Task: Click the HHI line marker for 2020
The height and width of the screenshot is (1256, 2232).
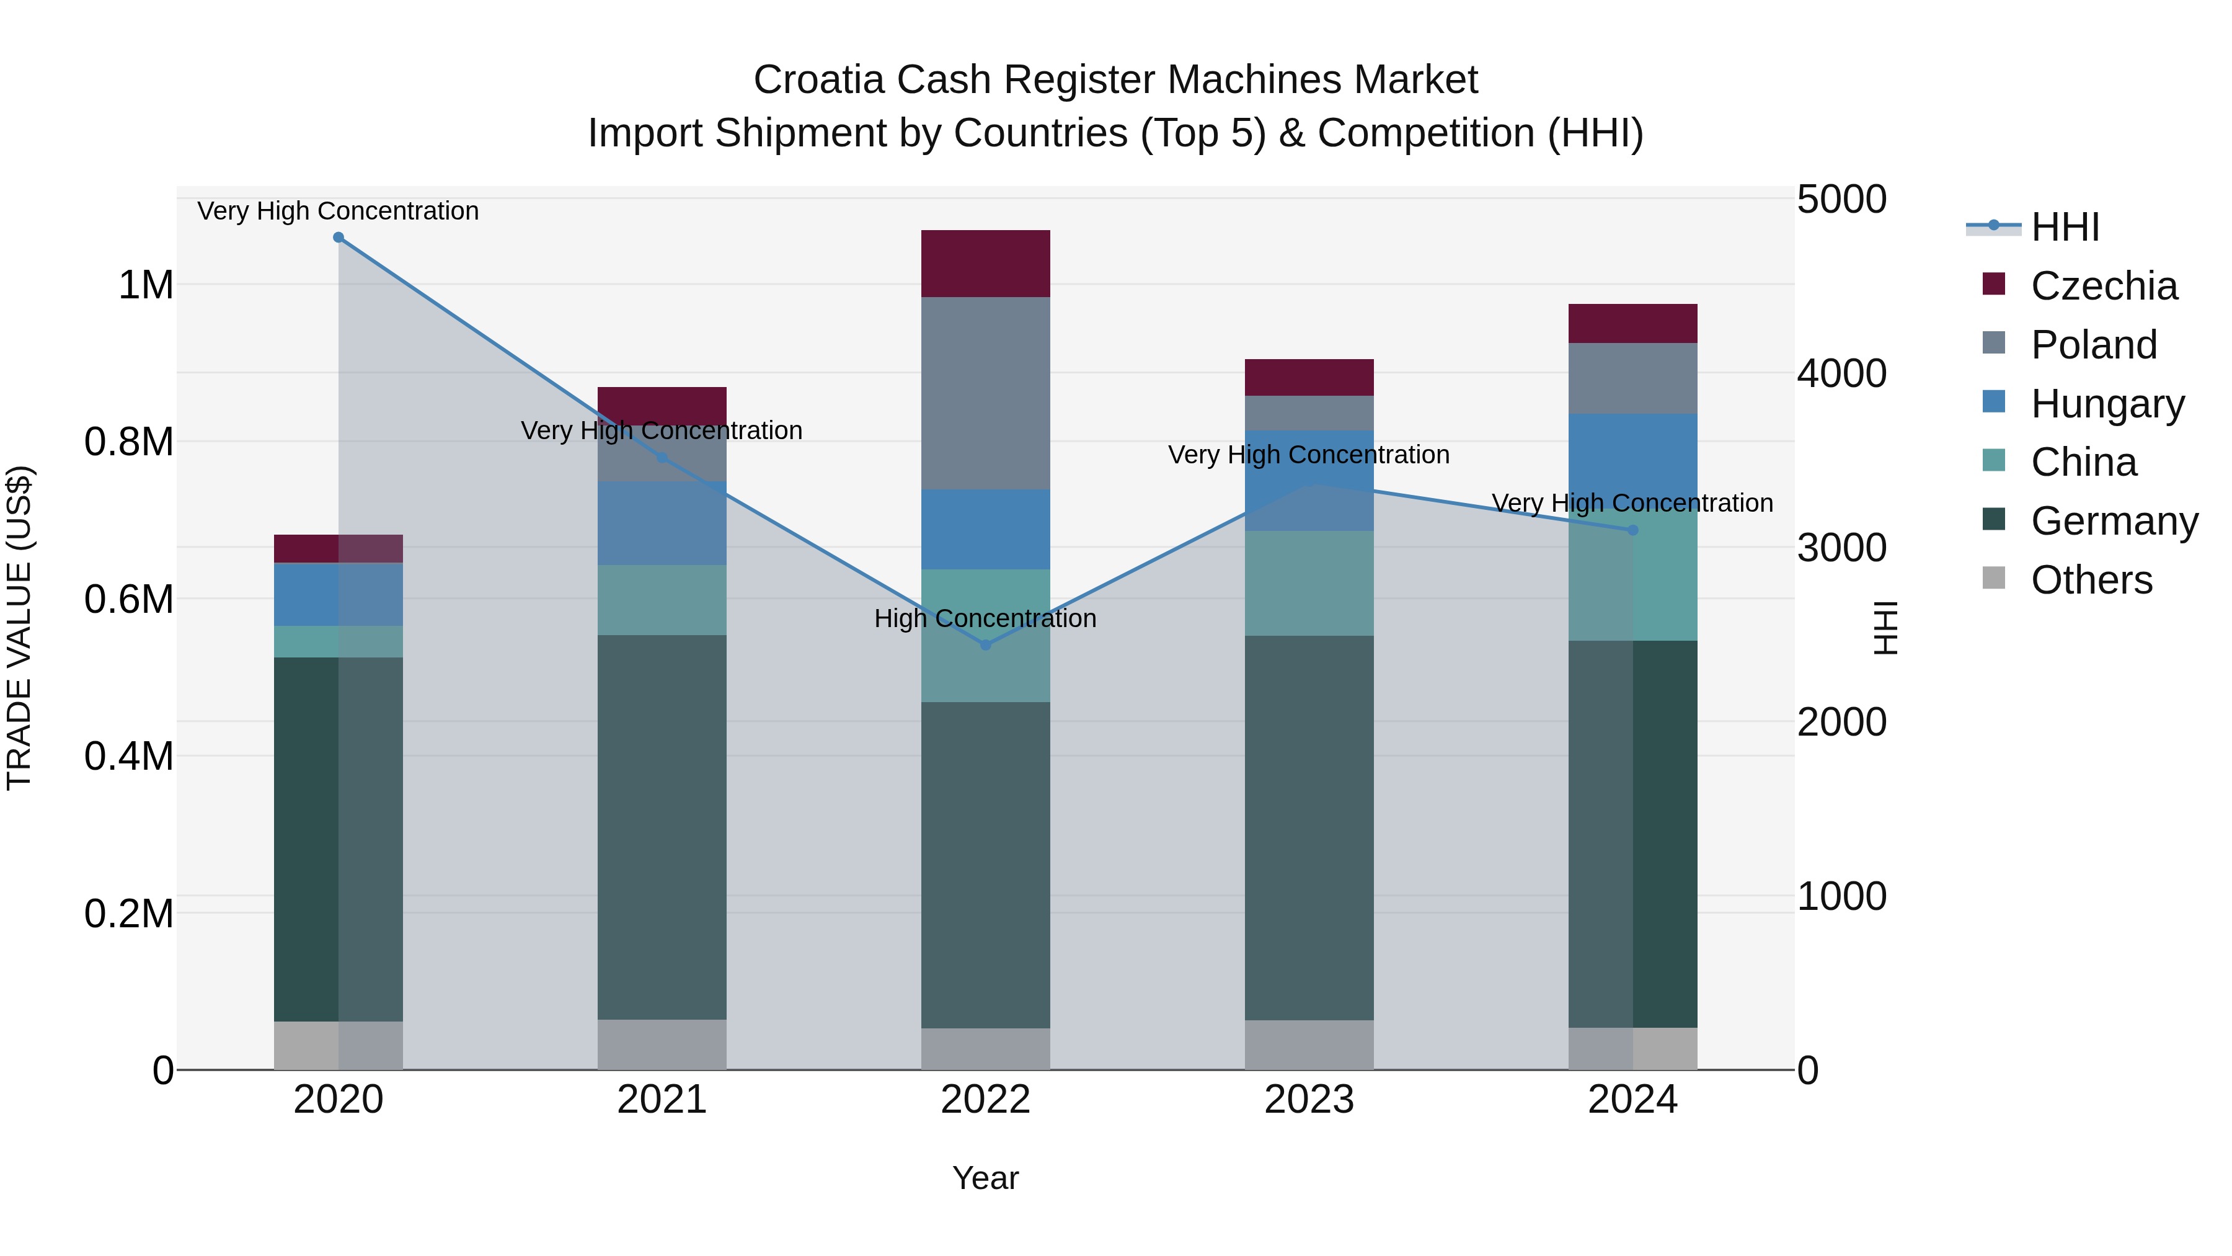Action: tap(339, 238)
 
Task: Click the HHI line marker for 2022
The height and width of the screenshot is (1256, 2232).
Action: tap(985, 645)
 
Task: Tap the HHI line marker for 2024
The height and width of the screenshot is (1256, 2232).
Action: tap(1632, 530)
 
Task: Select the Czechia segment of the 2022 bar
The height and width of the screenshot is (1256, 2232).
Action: tap(985, 264)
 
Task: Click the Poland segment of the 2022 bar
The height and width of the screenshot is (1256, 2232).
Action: tap(985, 393)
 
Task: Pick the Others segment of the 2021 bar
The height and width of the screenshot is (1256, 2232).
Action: tap(662, 1044)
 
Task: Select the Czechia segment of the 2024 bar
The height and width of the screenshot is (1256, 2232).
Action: tap(1632, 323)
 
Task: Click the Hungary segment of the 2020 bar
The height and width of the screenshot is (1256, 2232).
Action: tap(339, 595)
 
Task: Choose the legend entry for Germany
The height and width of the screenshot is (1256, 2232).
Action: tap(2114, 521)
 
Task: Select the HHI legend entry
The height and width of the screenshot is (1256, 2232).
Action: tap(2065, 227)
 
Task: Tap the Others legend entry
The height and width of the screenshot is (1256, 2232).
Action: tap(2091, 580)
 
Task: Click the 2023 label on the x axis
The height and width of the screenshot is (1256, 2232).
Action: tap(1308, 1100)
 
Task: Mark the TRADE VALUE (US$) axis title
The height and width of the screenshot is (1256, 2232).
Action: tap(19, 628)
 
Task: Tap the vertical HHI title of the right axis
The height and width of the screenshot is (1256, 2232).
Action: tap(1885, 628)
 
